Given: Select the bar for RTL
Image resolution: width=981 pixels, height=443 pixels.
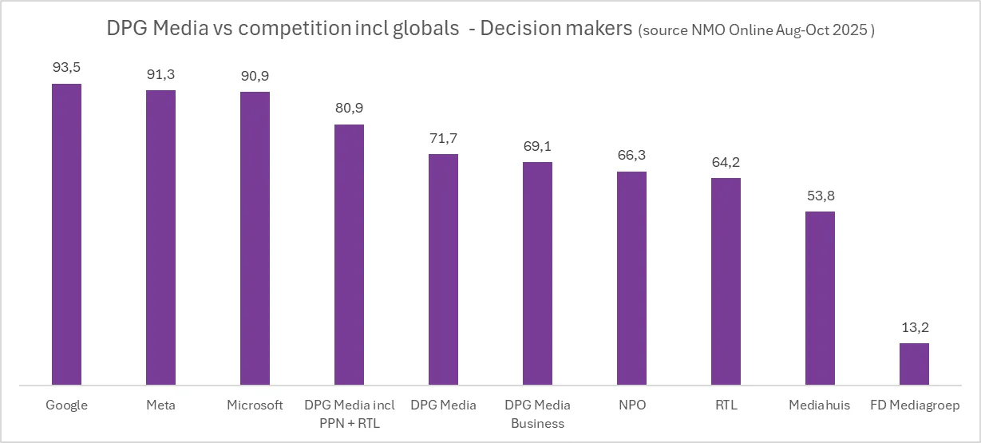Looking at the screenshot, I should [x=726, y=281].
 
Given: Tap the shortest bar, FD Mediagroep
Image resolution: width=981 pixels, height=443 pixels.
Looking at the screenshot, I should [x=914, y=364].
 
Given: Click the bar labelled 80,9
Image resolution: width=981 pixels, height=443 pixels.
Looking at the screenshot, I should [x=349, y=255].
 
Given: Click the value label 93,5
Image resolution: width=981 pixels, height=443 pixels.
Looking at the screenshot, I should [x=66, y=68].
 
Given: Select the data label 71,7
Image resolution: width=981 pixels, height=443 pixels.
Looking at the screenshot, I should [x=443, y=138].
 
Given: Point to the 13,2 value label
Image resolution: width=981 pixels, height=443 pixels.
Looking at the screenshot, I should [x=914, y=327].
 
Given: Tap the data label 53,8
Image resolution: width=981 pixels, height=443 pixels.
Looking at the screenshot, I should [x=820, y=196].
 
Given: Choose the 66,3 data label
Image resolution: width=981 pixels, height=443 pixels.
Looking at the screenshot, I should [x=631, y=156].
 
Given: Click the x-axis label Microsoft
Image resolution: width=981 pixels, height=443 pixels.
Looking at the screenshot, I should [x=255, y=405].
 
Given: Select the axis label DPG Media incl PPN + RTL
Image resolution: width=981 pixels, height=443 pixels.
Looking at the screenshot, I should [x=349, y=413].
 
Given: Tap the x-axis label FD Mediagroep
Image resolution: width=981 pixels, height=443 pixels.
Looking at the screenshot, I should [x=914, y=405].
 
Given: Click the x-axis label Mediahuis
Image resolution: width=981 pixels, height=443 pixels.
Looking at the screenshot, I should [x=820, y=405].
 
